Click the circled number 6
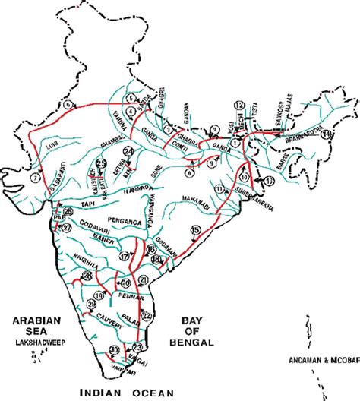[190, 172]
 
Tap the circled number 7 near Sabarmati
[35, 177]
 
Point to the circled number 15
[195, 229]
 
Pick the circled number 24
[128, 153]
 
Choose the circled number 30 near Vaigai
[115, 349]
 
